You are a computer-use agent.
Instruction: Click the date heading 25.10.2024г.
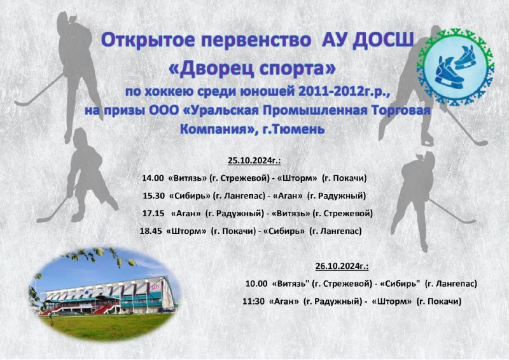[x=254, y=161]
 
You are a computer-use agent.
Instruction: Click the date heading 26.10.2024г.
[x=342, y=267]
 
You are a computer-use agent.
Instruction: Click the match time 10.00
[x=256, y=284]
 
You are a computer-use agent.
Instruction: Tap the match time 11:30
[x=253, y=301]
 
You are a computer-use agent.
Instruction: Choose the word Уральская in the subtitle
[x=221, y=111]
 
